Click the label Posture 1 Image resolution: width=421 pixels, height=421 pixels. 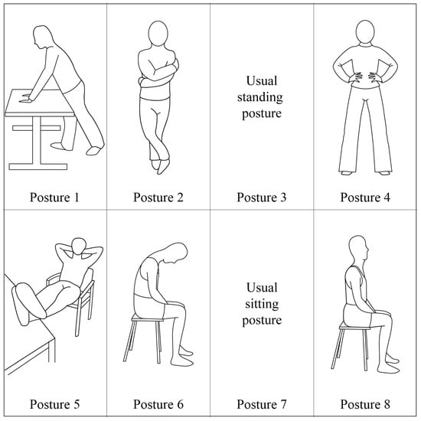(x=54, y=197)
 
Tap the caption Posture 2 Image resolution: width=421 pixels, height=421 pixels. (x=158, y=197)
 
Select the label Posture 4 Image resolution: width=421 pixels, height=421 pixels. (x=365, y=197)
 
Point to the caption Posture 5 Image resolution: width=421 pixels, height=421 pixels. (x=54, y=404)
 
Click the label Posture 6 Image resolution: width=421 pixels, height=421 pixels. (x=158, y=404)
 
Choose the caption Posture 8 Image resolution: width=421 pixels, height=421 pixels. (x=365, y=404)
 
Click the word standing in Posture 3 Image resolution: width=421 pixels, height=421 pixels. (x=260, y=97)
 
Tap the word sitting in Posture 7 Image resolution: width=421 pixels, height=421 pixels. (x=262, y=304)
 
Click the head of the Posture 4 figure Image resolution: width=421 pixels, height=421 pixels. (x=365, y=31)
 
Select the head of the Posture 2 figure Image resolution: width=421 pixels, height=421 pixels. (x=158, y=33)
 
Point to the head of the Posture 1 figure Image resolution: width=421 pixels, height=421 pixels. (x=42, y=37)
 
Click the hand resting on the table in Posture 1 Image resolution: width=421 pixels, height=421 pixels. (x=26, y=98)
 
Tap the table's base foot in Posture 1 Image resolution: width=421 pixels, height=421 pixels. (x=38, y=166)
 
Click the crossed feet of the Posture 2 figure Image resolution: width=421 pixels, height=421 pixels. (x=161, y=166)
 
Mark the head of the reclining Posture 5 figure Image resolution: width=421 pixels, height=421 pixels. (x=79, y=246)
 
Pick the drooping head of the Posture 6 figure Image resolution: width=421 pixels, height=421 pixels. (x=177, y=253)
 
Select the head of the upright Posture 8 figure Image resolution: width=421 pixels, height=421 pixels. (x=358, y=248)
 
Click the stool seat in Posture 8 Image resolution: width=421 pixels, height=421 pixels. (x=355, y=326)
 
